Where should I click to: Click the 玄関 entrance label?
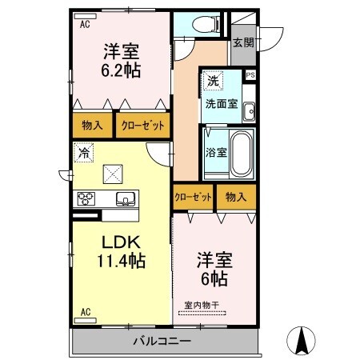(243, 42)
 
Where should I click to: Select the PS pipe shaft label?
(251, 75)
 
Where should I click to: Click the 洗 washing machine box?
(212, 81)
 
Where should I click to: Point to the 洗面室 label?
(219, 103)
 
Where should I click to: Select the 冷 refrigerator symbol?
(83, 151)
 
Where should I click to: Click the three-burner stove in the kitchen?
(86, 198)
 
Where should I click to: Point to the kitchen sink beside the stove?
(125, 198)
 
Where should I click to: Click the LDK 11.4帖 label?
(119, 250)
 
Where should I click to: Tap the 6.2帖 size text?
(122, 70)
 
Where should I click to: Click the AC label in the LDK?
(85, 313)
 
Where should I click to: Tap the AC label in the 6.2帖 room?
(85, 24)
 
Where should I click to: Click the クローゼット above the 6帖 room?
(193, 197)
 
